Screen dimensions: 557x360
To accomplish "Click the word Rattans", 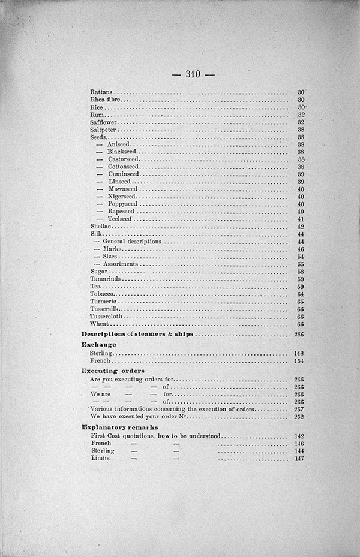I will point(100,92).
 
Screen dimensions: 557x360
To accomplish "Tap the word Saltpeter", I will point(103,130).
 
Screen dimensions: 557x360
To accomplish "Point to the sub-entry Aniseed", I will point(118,144).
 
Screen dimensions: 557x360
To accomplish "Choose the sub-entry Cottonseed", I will point(122,167).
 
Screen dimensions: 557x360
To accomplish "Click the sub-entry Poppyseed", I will point(122,204).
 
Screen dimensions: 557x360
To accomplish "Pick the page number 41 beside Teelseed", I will point(301,219).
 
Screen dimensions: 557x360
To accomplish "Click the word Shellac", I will point(100,227).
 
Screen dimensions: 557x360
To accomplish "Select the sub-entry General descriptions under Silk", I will point(132,242).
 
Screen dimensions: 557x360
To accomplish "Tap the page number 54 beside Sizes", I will point(301,257).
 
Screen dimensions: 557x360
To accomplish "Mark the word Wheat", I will point(99,324).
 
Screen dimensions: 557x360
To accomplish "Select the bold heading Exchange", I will point(98,345).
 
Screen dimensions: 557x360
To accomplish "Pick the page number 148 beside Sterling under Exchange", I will point(299,354).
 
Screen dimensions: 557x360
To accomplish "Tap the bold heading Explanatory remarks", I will point(115,427).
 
